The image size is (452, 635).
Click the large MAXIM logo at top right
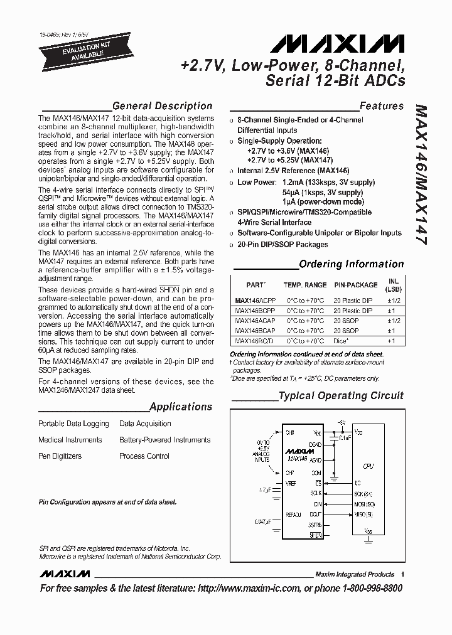[x=338, y=43]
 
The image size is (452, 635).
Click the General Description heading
[x=162, y=106]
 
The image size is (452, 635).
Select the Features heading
[x=381, y=106]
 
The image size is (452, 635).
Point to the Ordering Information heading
[x=351, y=264]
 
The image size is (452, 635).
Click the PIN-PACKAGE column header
[x=355, y=285]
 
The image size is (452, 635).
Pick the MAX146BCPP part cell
[x=254, y=311]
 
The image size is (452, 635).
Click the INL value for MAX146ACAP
[x=392, y=321]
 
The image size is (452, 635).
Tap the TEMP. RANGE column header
[x=305, y=285]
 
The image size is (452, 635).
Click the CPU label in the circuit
[x=368, y=466]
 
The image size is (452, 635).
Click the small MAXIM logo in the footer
[x=64, y=574]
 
